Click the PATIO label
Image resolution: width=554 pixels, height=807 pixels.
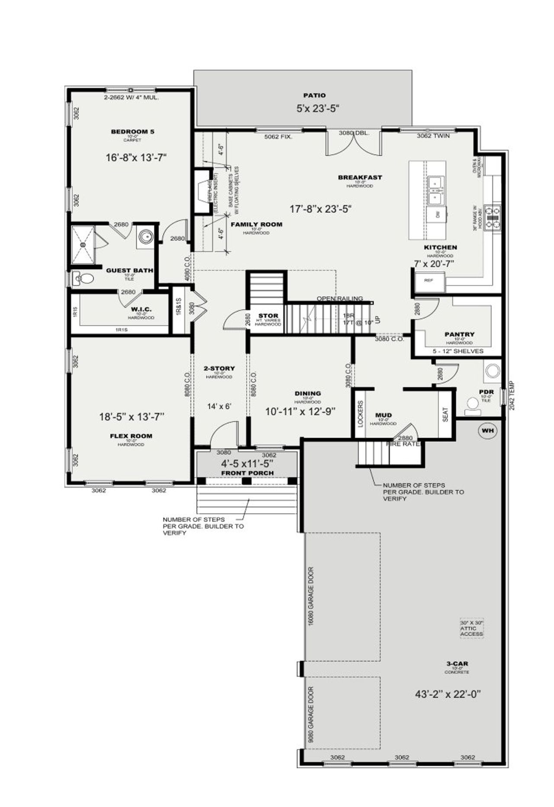tap(314, 95)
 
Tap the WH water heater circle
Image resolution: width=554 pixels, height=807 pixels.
tap(488, 431)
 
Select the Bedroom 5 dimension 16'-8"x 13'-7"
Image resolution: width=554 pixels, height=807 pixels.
tap(136, 158)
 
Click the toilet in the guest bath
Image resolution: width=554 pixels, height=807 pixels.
tap(85, 278)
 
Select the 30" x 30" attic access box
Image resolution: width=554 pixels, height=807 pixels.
tap(471, 628)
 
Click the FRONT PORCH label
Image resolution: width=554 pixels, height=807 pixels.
tap(247, 473)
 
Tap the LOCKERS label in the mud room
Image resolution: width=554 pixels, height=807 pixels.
tap(361, 413)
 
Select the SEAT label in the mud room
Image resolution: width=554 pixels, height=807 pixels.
tap(446, 414)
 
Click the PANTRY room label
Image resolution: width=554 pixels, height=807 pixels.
tap(459, 335)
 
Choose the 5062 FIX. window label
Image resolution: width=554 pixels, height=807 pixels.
tap(278, 137)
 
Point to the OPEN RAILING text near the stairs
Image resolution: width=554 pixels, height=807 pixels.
tap(339, 299)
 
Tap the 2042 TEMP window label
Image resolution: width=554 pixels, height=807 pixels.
tap(512, 396)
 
